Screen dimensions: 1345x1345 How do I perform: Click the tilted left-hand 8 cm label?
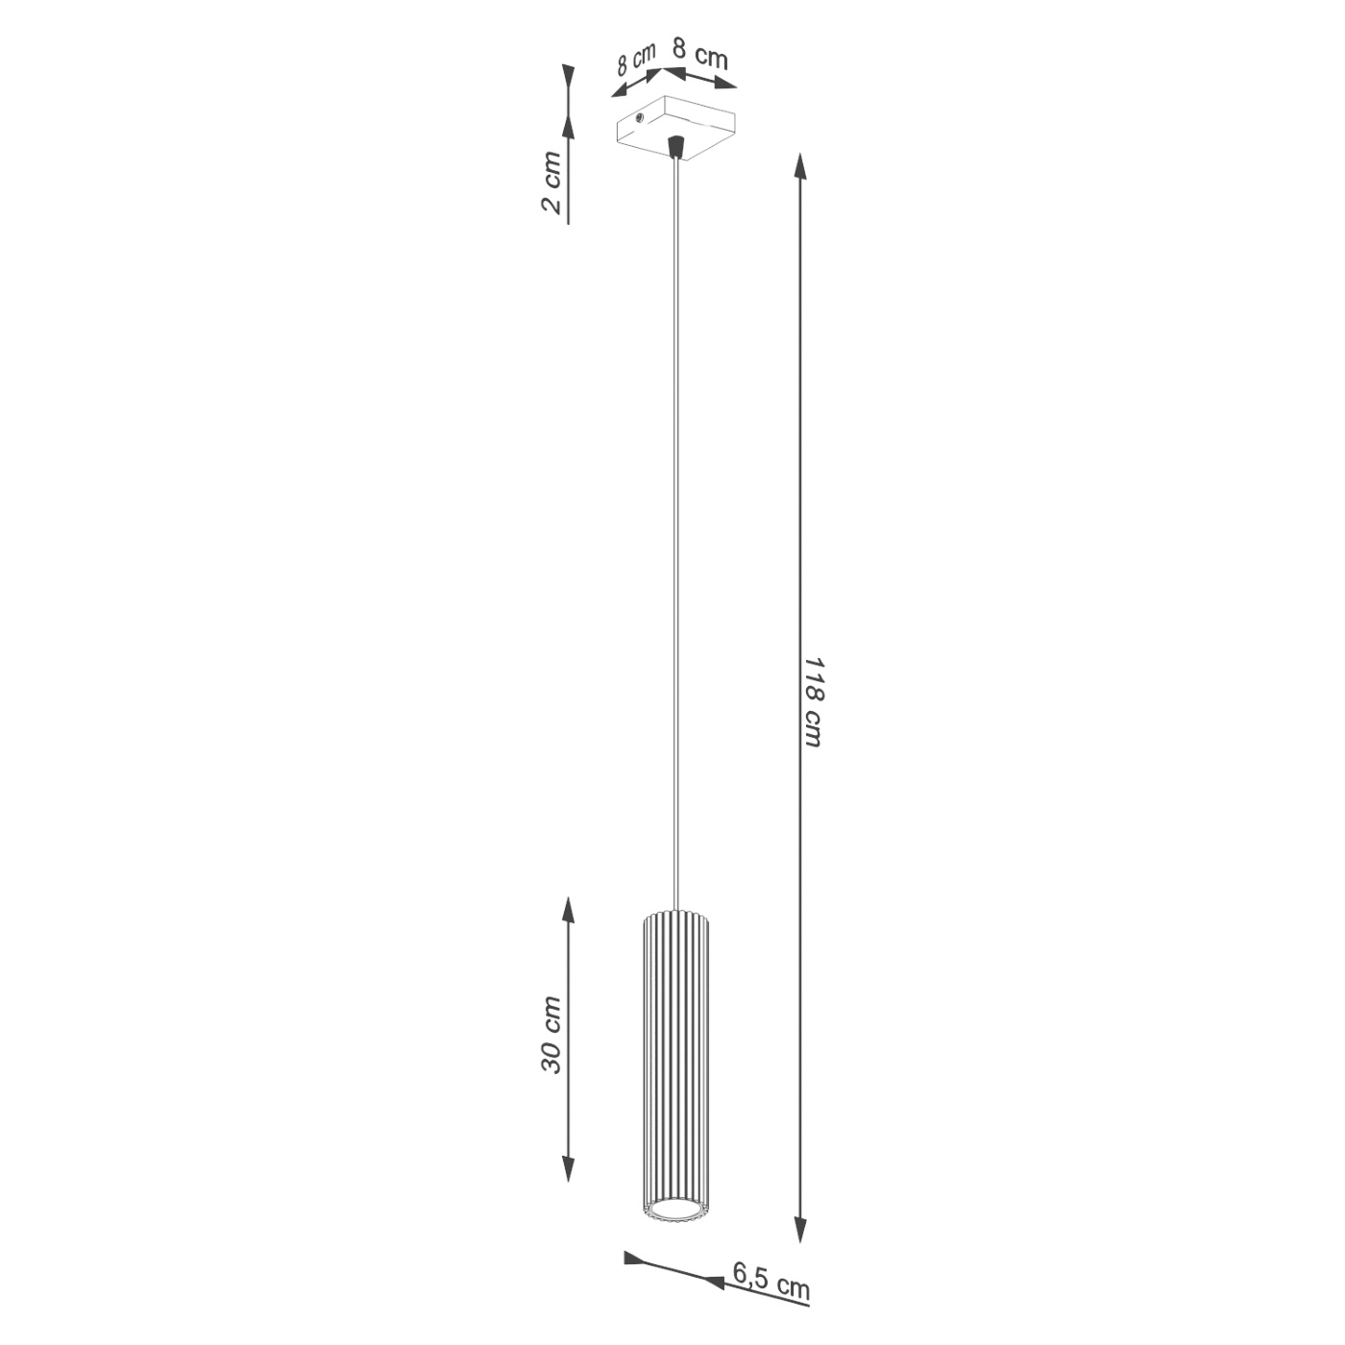(635, 61)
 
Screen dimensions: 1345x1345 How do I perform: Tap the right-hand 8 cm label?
(700, 54)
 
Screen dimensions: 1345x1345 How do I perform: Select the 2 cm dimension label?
(550, 182)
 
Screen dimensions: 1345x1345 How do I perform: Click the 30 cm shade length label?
(550, 1035)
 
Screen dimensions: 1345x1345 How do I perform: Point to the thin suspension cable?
(678, 528)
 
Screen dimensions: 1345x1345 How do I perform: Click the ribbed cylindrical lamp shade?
(674, 1057)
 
